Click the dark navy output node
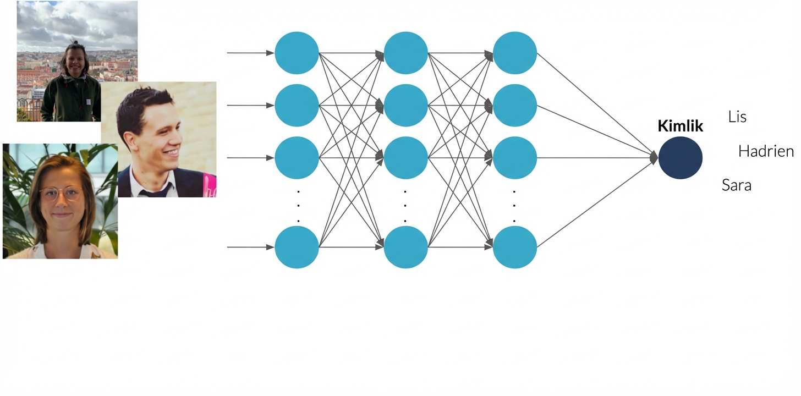coord(681,158)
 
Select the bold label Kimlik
coord(681,127)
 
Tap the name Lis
coord(737,117)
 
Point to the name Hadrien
coord(766,151)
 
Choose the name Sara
coord(737,185)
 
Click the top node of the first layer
coord(297,53)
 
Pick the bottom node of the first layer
coord(297,247)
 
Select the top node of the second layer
coord(406,53)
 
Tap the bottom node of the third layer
coord(515,247)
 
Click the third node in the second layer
coord(406,158)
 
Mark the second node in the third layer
coord(515,106)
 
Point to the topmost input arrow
coord(250,53)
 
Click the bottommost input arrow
coord(250,247)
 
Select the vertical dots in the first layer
coord(298,205)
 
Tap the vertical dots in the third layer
coord(514,205)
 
